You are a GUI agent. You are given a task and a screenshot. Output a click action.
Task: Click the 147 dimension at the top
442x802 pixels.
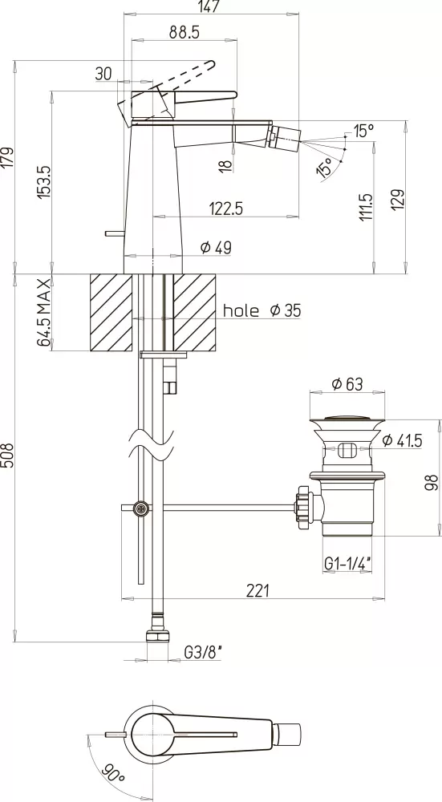coord(211,6)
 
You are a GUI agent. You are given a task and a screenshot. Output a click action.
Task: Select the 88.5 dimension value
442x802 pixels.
coord(185,32)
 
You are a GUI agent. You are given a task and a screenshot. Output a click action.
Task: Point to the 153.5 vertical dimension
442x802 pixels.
coord(45,182)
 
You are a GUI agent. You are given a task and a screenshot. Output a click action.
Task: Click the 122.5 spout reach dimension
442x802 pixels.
coord(225,209)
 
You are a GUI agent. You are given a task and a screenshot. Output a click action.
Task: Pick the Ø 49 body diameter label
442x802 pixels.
coord(216,248)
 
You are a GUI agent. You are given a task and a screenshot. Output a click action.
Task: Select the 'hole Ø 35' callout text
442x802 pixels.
coord(262,310)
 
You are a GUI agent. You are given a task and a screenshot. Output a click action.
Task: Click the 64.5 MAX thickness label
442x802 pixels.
coord(45,313)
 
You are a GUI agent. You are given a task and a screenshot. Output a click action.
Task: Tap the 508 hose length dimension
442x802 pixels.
coord(8,456)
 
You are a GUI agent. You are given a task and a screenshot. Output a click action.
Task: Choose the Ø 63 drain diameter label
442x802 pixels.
coord(347,383)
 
